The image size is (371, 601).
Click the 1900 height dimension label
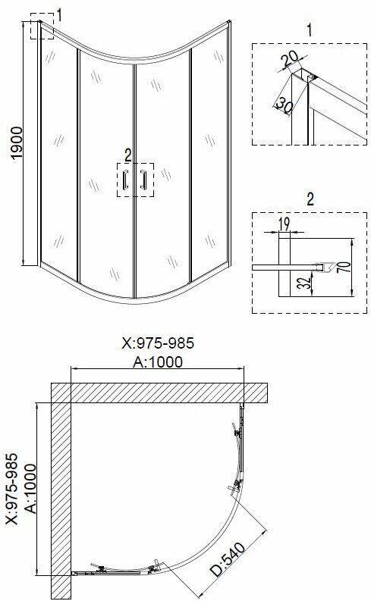17,143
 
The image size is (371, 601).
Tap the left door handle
124,180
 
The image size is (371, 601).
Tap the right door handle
143,180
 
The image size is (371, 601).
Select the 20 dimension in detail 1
290,58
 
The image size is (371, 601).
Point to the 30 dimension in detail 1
284,105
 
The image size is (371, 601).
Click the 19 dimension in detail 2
285,224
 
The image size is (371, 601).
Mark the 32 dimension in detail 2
305,283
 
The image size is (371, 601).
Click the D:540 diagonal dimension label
228,560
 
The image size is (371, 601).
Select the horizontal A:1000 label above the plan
158,362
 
